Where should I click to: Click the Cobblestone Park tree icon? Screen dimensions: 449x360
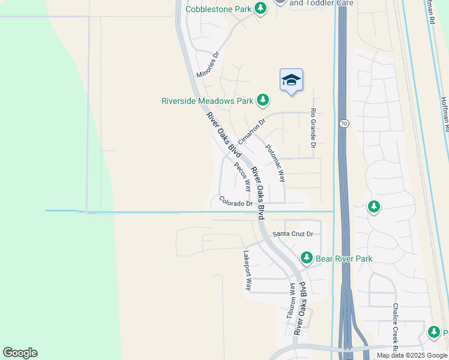(261, 8)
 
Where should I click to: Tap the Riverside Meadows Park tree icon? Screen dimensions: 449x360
(263, 100)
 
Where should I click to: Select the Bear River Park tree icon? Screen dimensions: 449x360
(307, 258)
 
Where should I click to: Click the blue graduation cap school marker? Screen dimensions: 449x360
(291, 80)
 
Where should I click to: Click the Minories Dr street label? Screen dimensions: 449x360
(209, 65)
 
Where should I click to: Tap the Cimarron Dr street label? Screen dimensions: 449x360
(251, 131)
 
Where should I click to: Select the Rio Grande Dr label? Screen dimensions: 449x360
(313, 128)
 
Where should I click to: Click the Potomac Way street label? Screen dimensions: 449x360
(275, 163)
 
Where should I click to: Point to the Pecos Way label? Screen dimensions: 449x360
(243, 177)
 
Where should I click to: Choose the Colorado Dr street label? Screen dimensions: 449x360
(236, 202)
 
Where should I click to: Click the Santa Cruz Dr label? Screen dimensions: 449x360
(294, 234)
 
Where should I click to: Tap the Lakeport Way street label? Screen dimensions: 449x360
(247, 271)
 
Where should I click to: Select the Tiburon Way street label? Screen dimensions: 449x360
(291, 300)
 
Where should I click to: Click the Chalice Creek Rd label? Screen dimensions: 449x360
(396, 326)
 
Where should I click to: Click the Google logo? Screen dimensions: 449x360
(20, 353)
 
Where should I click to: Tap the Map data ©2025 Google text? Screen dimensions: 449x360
(412, 355)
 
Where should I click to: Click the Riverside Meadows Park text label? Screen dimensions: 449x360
(207, 101)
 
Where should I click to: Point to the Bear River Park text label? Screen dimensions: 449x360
(345, 259)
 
